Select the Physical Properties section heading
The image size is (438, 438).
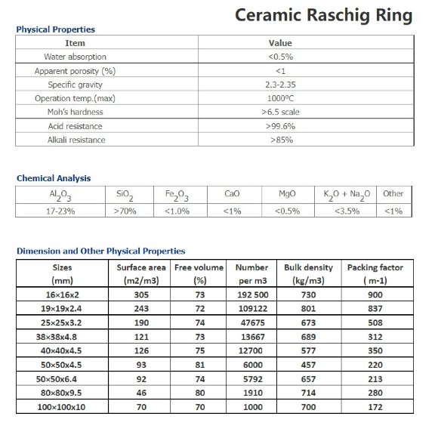(x=55, y=29)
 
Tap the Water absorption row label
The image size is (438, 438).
(x=76, y=57)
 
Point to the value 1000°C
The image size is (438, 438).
(x=279, y=98)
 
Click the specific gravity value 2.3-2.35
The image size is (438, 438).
(x=279, y=85)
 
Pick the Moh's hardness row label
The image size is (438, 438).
(x=76, y=112)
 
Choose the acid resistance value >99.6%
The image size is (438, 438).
(x=279, y=126)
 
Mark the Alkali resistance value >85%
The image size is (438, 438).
(x=279, y=140)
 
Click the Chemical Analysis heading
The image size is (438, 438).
(x=54, y=178)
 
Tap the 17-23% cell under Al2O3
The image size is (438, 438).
(x=60, y=211)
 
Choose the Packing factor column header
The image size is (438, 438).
(x=375, y=267)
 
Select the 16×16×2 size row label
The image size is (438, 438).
(x=62, y=295)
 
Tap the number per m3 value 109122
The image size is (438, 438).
(x=251, y=309)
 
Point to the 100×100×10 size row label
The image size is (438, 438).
(x=62, y=408)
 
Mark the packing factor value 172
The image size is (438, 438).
(x=375, y=408)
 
